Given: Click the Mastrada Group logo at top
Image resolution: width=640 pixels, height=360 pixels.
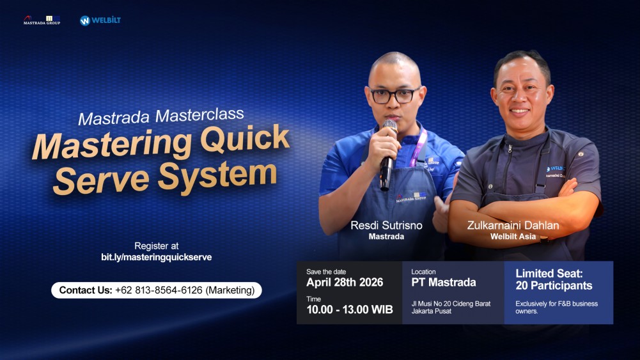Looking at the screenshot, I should point(42,20).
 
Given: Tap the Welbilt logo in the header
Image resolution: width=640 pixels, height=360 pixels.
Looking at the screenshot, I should point(100,20).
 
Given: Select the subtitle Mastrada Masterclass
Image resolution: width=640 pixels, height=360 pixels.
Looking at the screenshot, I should point(161,116).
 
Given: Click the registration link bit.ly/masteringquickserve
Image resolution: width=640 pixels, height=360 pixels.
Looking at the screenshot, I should point(157,257).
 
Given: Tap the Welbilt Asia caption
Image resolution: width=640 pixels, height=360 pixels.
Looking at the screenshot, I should point(513,237).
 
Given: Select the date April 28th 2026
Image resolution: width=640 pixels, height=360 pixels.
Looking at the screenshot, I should point(345,282).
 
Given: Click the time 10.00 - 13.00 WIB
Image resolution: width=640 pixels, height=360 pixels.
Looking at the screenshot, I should point(349,310).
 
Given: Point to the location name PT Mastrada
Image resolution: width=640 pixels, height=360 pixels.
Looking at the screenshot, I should point(443,282).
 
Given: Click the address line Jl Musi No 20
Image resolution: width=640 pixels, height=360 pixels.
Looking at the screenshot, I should point(451,304).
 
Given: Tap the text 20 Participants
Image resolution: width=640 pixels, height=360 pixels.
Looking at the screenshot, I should point(554,286).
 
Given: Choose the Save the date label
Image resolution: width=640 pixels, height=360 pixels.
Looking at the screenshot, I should point(326,272).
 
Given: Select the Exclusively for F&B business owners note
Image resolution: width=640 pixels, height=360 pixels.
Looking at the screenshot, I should point(556,308).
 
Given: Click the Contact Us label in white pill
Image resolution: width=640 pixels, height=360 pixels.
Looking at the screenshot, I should point(86,290).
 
